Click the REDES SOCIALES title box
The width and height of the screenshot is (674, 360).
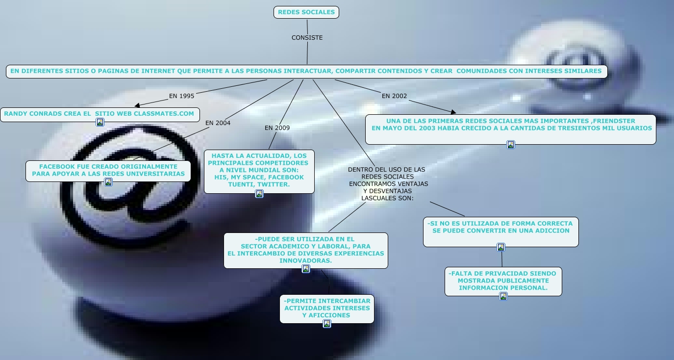click(306, 12)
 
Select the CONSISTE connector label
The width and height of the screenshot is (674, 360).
click(307, 38)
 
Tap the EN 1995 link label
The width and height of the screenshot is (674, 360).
click(181, 96)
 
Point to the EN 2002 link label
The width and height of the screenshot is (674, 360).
click(394, 96)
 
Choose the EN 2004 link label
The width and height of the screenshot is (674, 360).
click(218, 123)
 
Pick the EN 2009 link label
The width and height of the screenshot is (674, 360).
click(277, 128)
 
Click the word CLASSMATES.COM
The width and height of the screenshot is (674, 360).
click(164, 114)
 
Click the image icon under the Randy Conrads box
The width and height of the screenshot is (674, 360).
click(100, 122)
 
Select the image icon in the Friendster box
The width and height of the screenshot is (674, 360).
click(511, 145)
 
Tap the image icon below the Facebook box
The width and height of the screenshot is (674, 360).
click(108, 182)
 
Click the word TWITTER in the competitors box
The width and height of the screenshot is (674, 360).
click(274, 185)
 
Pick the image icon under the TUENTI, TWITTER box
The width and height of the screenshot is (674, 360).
click(259, 194)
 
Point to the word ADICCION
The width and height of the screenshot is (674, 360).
click(549, 231)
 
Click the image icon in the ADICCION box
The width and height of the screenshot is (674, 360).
click(501, 247)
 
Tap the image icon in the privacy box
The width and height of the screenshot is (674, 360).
click(503, 296)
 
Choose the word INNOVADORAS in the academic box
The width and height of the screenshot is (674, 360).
click(305, 261)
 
